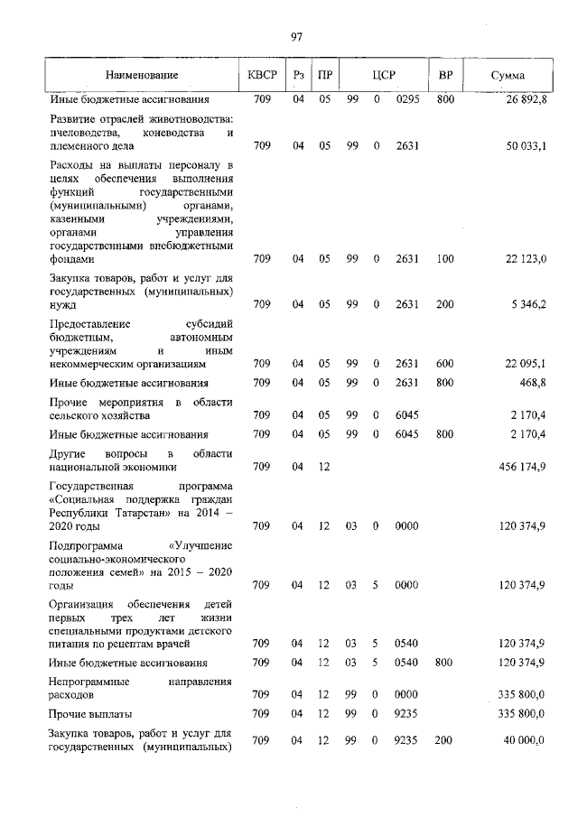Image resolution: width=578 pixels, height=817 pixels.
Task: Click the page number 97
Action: pyautogui.click(x=295, y=36)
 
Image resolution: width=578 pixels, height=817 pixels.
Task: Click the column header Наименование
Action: pyautogui.click(x=142, y=75)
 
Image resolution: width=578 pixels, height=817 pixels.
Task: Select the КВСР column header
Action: pyautogui.click(x=262, y=75)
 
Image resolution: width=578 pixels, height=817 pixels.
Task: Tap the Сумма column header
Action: pyautogui.click(x=508, y=75)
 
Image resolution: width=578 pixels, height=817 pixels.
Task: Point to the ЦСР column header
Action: pyautogui.click(x=384, y=75)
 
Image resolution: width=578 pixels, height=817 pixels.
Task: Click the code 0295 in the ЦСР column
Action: pyautogui.click(x=407, y=98)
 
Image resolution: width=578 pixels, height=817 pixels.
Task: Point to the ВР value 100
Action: pyautogui.click(x=445, y=259)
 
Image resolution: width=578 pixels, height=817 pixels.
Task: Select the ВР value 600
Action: pyautogui.click(x=445, y=364)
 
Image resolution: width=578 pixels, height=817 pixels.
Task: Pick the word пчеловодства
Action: pyautogui.click(x=93, y=133)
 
